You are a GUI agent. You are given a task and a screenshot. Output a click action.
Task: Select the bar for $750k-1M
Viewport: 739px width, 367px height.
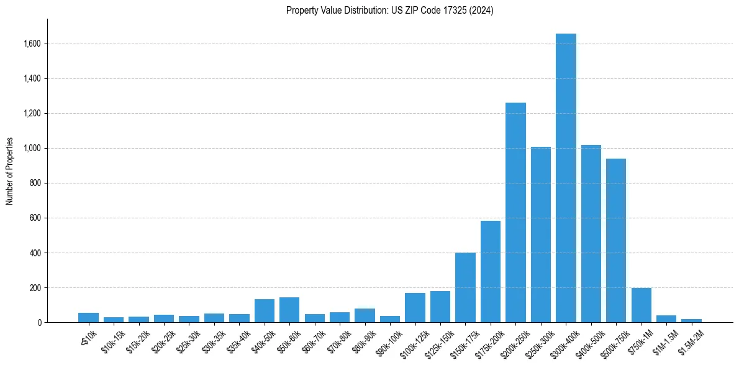tap(642, 305)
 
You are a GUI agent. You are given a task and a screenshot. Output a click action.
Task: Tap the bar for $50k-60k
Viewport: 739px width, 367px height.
tap(289, 310)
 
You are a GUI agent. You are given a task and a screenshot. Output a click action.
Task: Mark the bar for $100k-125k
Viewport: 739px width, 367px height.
tap(415, 308)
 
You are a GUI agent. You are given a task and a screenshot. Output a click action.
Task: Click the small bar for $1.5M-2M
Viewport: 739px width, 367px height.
tap(691, 320)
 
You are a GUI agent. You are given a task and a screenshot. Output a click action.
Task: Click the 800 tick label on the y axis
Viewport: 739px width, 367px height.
tap(35, 183)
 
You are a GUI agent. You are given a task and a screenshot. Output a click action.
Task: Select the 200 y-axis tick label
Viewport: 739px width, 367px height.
tap(35, 288)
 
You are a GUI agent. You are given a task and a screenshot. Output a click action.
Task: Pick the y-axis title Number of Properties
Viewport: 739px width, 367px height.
tap(10, 170)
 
